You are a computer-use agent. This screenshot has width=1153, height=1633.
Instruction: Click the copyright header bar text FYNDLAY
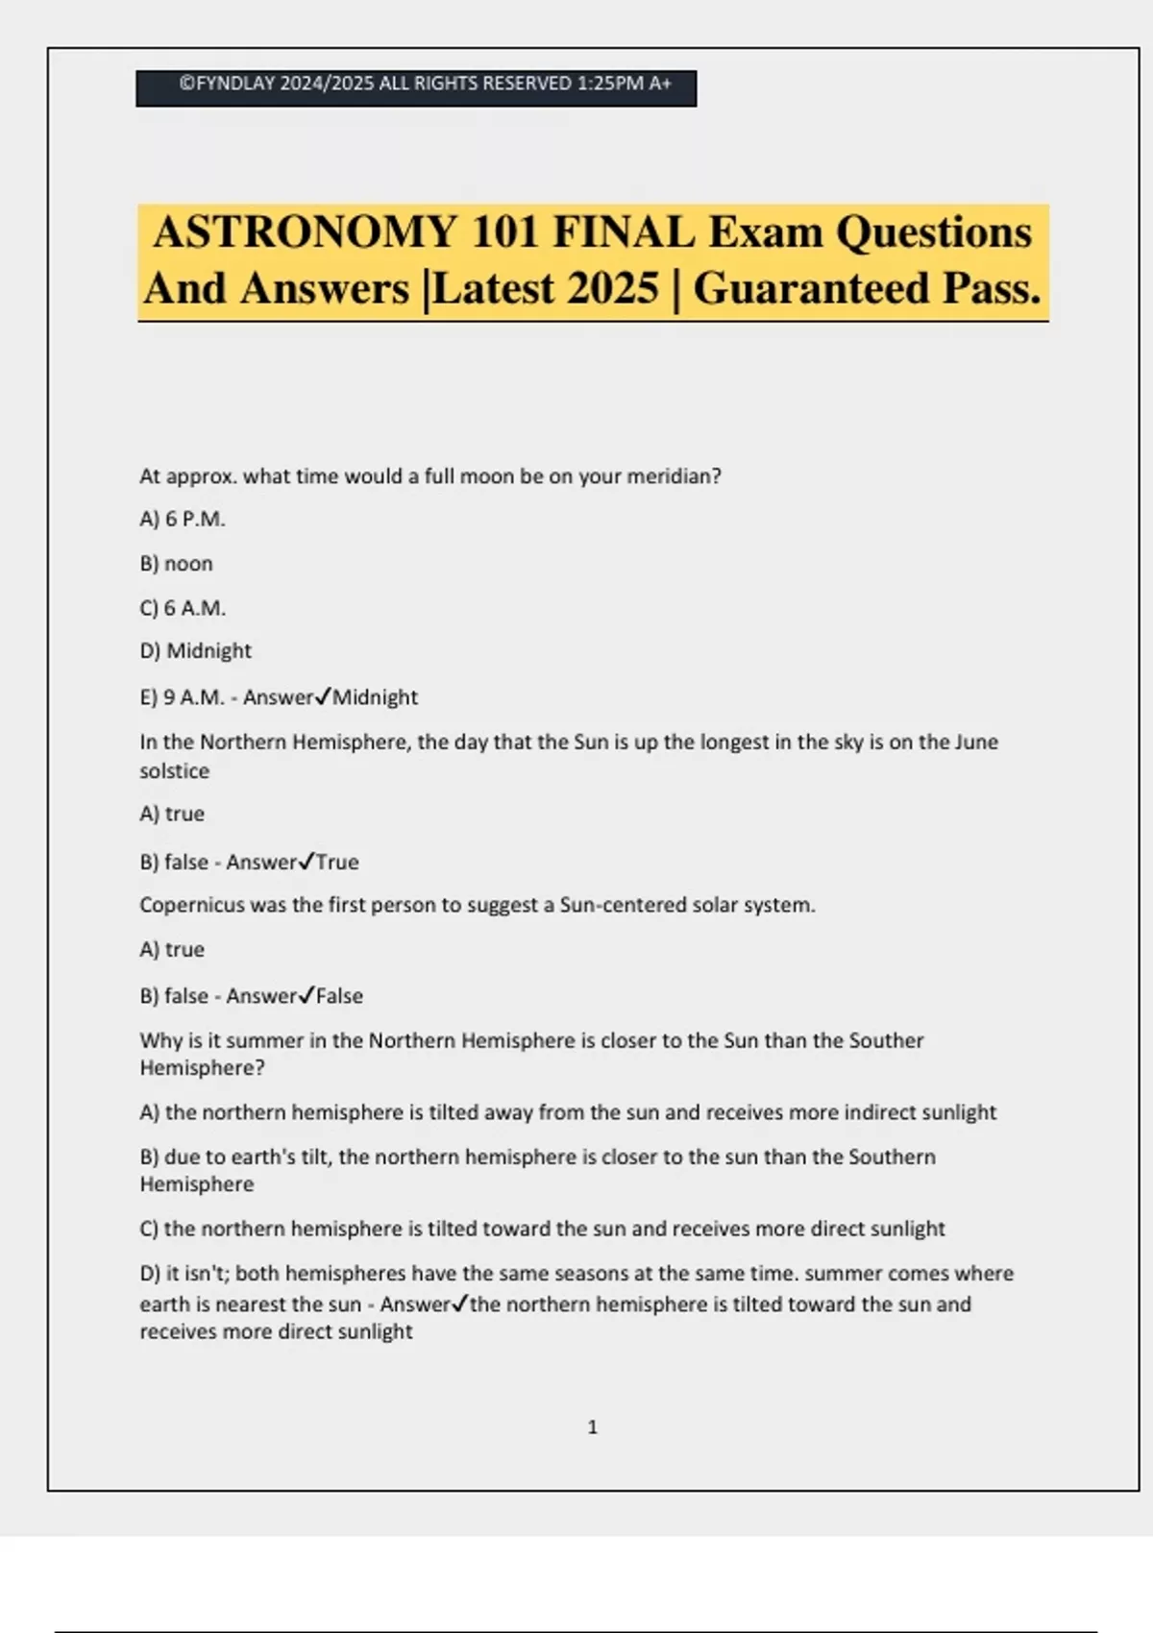pyautogui.click(x=235, y=84)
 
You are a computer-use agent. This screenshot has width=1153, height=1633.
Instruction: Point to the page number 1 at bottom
pyautogui.click(x=592, y=1427)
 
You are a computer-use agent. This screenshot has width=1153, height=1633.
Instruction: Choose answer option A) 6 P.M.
pyautogui.click(x=183, y=519)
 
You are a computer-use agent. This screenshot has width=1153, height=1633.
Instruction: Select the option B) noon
pyautogui.click(x=177, y=564)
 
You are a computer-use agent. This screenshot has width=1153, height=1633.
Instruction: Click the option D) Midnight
pyautogui.click(x=196, y=651)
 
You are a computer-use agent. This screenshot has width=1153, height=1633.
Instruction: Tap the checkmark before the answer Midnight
pyautogui.click(x=323, y=696)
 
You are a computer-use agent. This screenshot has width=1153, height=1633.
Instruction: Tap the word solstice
pyautogui.click(x=174, y=771)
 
